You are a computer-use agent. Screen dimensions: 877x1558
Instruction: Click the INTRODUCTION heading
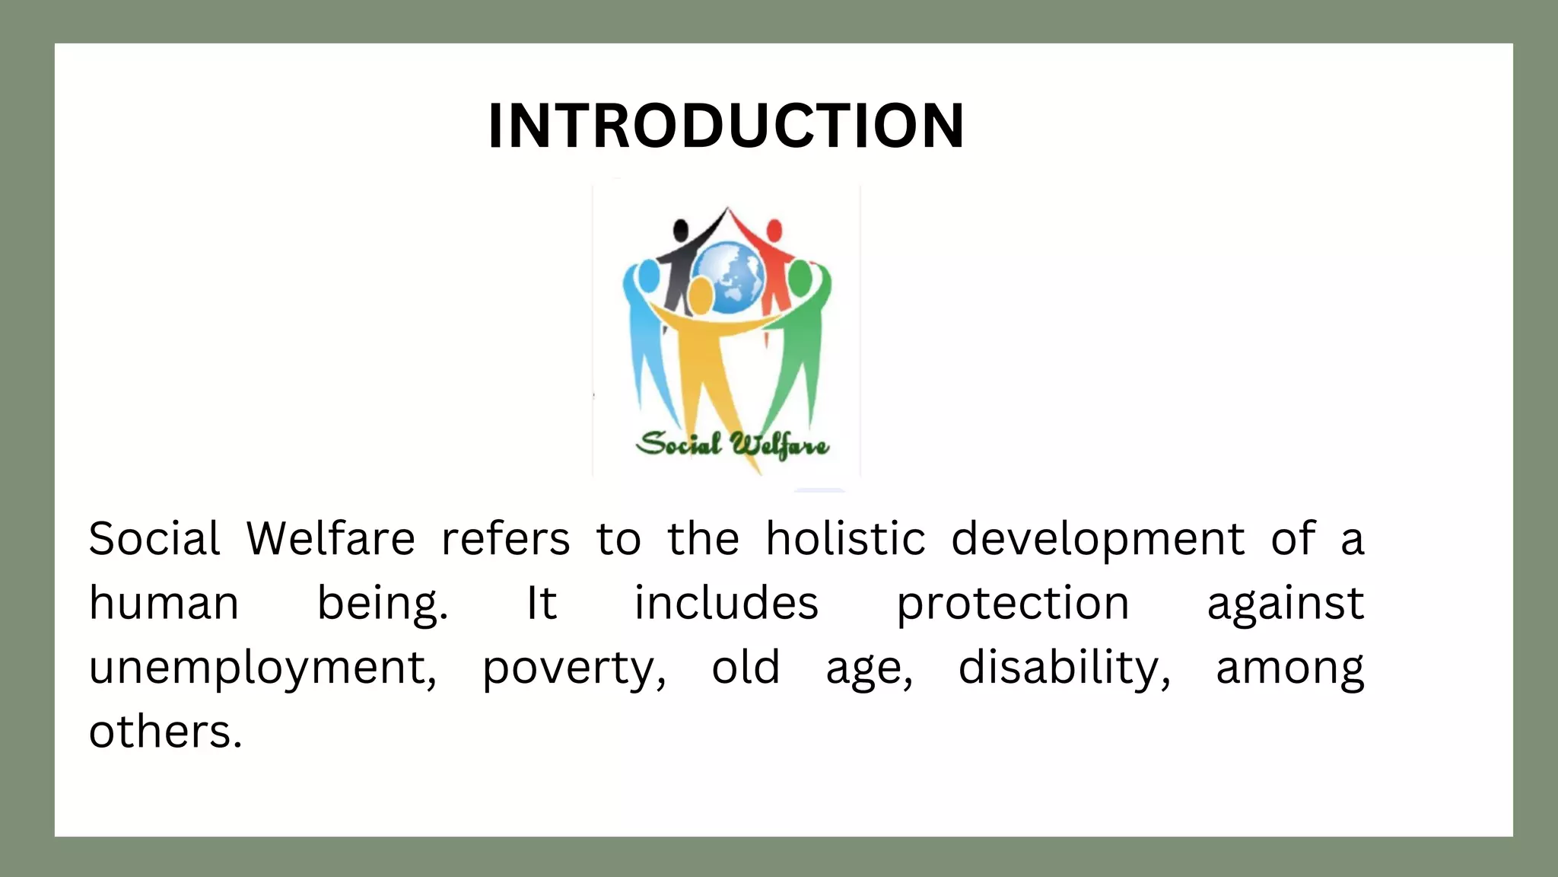point(727,126)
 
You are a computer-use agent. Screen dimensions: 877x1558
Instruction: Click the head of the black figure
point(681,229)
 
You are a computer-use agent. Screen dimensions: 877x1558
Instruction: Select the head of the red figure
point(774,230)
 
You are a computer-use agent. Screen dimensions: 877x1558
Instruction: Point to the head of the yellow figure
point(701,295)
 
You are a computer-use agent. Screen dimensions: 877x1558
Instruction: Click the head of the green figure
point(800,279)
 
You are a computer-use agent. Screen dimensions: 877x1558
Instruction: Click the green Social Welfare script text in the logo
point(732,445)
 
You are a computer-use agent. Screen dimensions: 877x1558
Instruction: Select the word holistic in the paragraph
point(845,539)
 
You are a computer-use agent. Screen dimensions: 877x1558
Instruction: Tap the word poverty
point(574,668)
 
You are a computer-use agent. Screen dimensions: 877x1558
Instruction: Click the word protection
point(1013,604)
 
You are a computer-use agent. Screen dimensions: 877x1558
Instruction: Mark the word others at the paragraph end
point(165,732)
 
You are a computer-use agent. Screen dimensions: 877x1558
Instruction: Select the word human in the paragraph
point(164,604)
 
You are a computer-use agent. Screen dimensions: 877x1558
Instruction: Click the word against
point(1285,604)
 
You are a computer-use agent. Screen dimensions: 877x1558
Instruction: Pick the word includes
point(727,604)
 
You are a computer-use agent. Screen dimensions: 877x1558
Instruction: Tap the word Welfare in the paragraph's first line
point(331,539)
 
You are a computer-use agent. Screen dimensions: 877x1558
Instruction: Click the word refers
point(505,539)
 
